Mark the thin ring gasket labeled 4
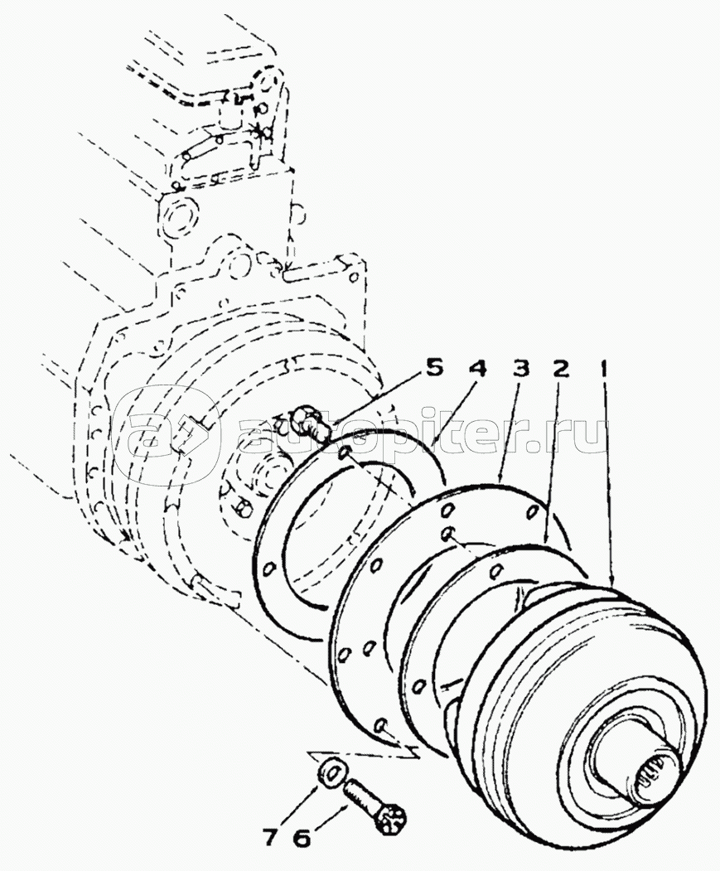coord(286,530)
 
